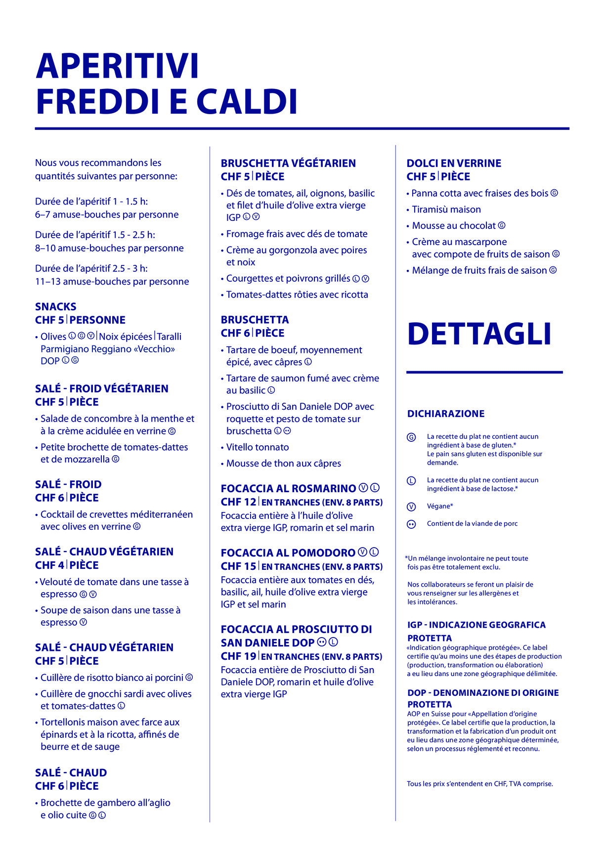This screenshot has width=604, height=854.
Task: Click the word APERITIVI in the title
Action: point(117,66)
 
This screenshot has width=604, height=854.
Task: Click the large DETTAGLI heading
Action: point(479,334)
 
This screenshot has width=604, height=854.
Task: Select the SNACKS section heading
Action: point(56,306)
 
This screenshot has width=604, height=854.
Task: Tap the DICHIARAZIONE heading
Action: point(446,414)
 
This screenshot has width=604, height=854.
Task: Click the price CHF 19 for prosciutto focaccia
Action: point(238,656)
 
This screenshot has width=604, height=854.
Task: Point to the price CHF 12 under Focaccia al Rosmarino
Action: point(238,502)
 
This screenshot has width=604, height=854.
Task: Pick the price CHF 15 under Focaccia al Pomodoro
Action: point(238,566)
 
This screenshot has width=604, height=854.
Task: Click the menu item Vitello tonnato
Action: point(258,447)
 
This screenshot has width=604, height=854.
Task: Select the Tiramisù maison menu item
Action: point(446,210)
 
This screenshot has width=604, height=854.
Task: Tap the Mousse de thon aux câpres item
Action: point(284,464)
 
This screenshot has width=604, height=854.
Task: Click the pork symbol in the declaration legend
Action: point(411,524)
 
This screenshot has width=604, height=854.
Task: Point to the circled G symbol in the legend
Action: point(411,437)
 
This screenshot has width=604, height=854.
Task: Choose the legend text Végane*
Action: point(440,506)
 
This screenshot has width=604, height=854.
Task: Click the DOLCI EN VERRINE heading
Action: point(454,163)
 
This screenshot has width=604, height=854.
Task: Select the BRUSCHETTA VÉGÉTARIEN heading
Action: point(288,163)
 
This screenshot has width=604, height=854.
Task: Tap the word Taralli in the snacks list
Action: point(170,337)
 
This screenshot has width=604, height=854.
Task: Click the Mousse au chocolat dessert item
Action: point(454,226)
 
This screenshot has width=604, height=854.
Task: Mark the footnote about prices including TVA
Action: point(479,784)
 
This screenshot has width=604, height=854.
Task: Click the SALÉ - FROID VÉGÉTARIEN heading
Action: point(102,388)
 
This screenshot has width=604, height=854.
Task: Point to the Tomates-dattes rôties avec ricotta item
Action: point(297,295)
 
